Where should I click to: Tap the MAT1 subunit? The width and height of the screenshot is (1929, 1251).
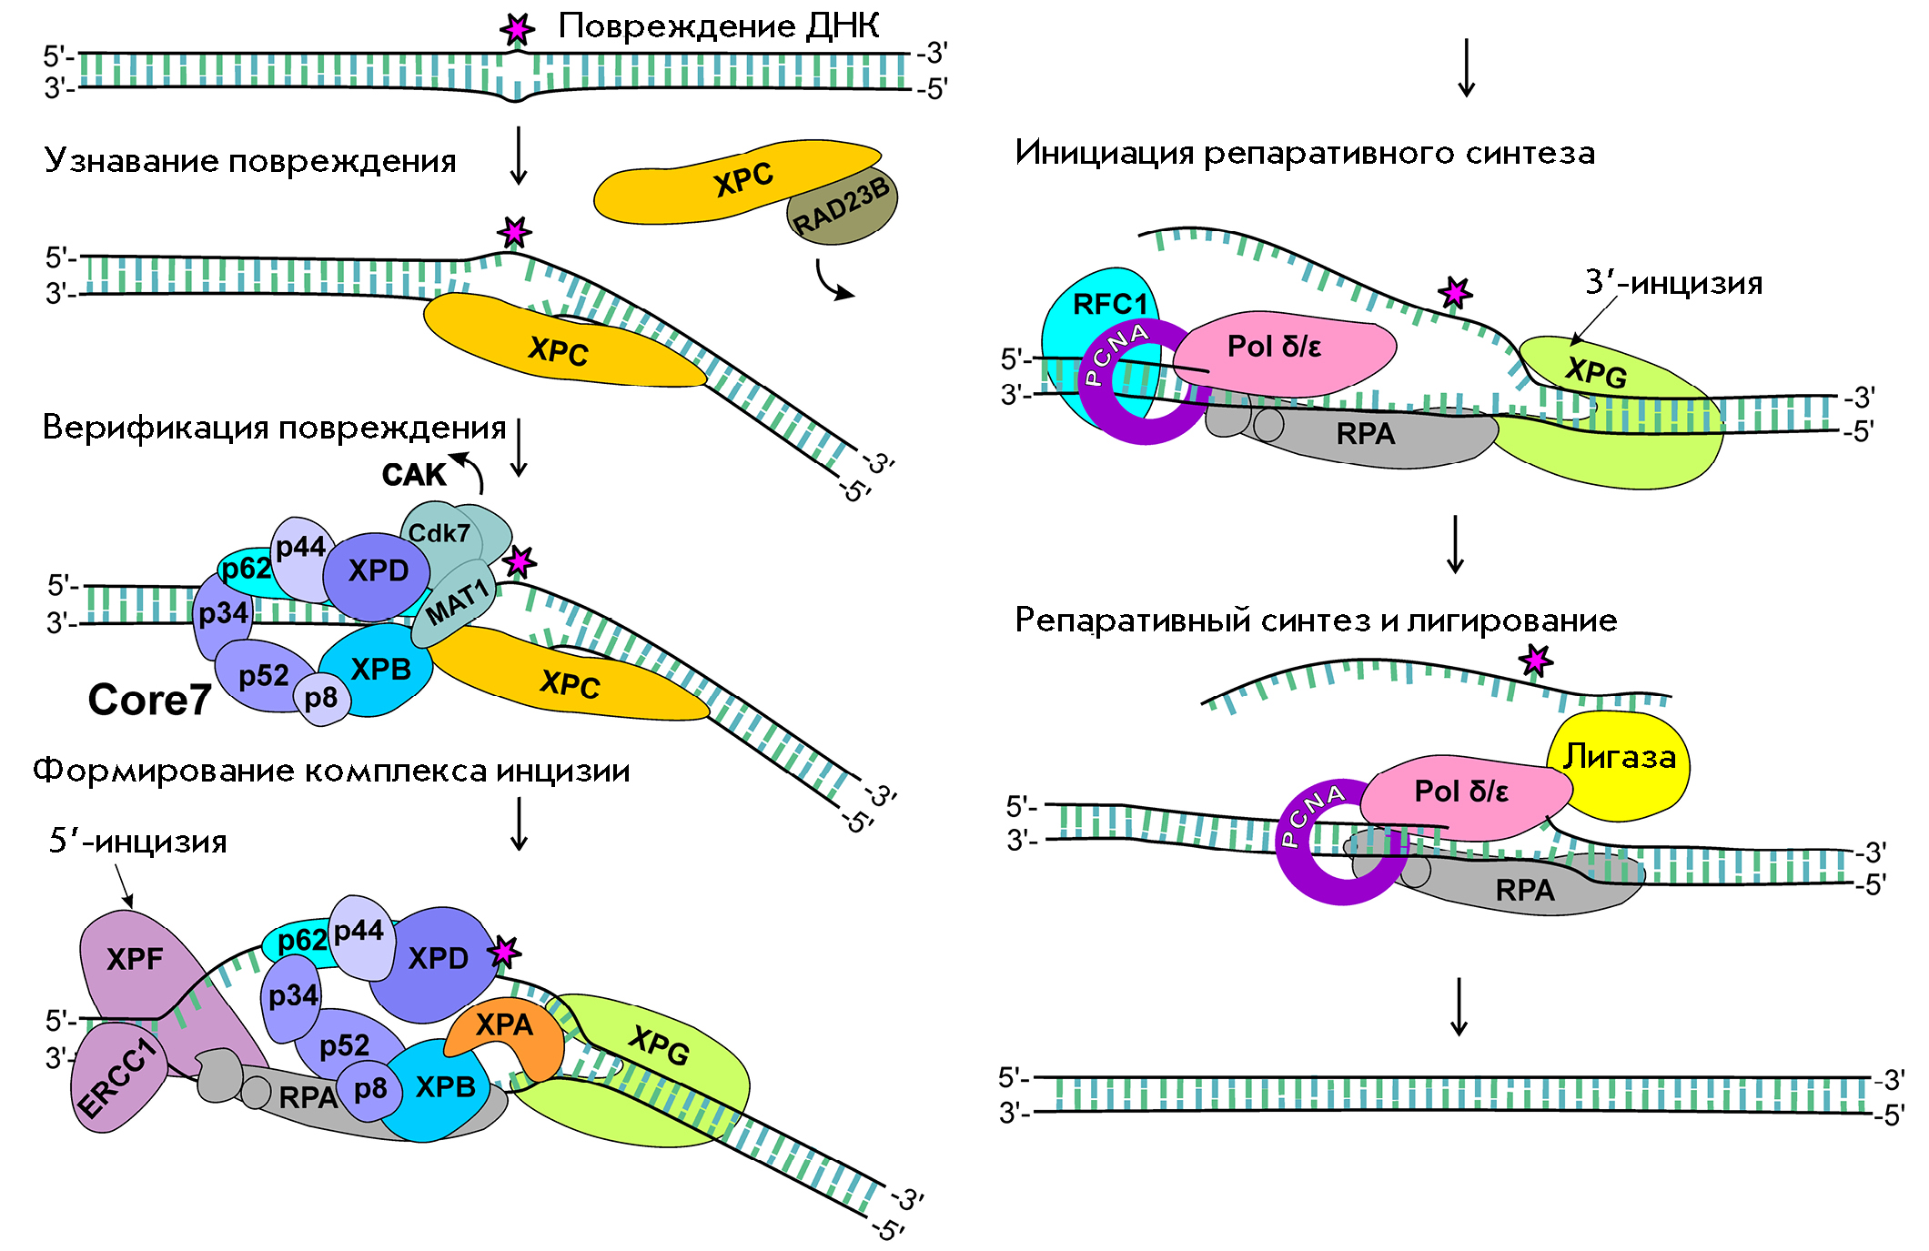458,602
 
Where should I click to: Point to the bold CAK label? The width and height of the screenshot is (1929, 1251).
414,475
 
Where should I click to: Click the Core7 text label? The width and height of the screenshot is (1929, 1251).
149,700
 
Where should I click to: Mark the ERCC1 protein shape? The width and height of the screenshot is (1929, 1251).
116,1078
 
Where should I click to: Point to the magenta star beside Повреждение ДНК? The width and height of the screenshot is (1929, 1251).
518,30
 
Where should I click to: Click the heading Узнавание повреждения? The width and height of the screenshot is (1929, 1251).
250,161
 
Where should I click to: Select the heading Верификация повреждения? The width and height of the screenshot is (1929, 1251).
274,428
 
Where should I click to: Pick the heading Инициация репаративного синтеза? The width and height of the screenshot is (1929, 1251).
1305,153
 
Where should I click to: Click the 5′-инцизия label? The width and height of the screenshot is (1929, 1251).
138,842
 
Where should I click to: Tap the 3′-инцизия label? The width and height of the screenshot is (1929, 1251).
1674,283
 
